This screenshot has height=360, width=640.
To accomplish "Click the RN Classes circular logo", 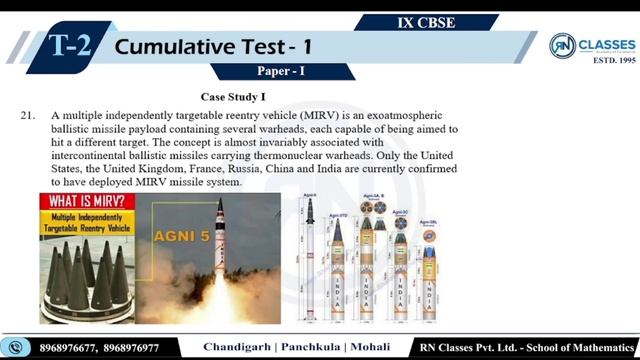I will coord(563,48).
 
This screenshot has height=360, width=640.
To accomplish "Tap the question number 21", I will coord(29,116).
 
